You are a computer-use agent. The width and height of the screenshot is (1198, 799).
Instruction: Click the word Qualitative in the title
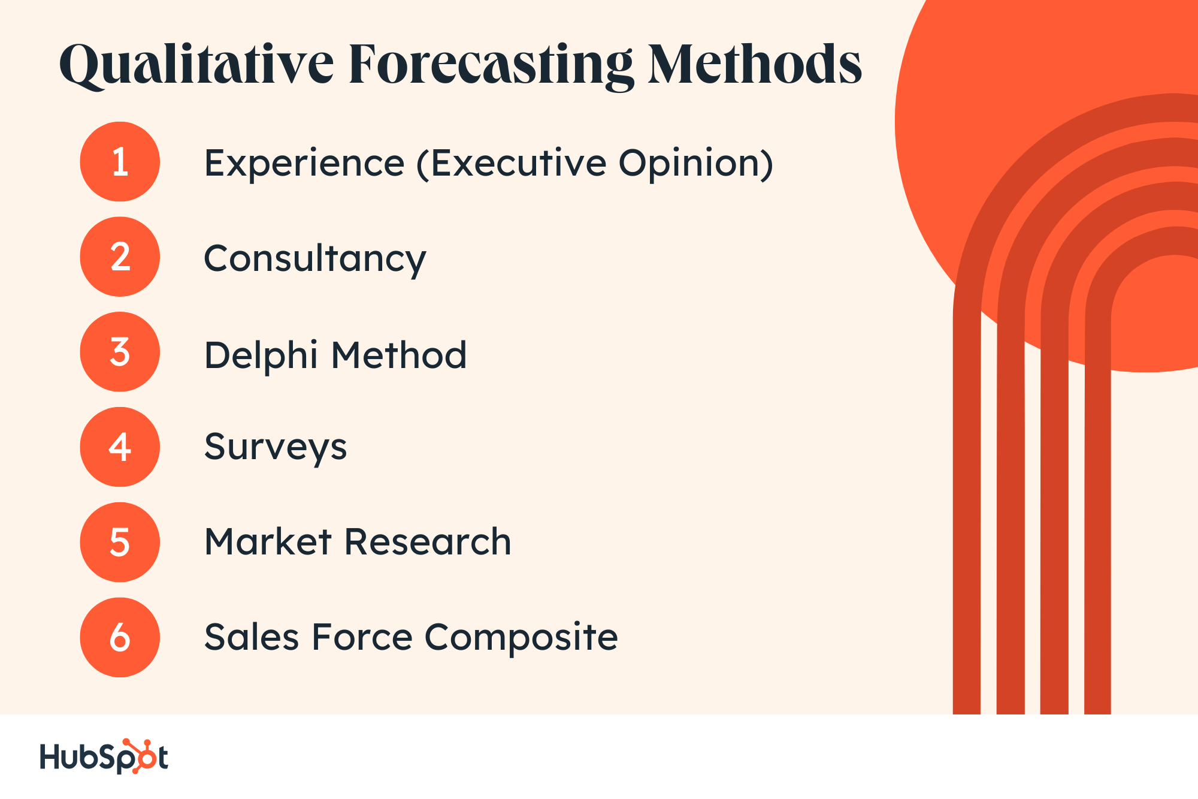(196, 65)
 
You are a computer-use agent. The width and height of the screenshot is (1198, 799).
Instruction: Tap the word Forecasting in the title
(491, 65)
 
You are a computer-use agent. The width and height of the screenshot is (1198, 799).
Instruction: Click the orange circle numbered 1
(120, 162)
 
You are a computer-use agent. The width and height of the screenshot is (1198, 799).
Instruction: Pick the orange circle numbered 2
(120, 257)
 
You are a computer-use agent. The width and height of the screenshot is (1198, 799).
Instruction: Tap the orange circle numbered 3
(120, 352)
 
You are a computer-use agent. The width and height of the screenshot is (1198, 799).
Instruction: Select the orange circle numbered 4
(120, 447)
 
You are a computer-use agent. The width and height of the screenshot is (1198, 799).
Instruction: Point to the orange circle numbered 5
(120, 542)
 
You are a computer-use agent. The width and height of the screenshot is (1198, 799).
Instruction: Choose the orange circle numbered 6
(120, 637)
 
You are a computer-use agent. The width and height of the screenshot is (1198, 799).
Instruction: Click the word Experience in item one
(304, 164)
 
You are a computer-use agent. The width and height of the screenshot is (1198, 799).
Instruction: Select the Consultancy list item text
(315, 259)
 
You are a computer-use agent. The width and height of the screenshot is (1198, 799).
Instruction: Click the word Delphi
(261, 355)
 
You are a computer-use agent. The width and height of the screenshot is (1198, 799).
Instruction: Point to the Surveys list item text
(276, 448)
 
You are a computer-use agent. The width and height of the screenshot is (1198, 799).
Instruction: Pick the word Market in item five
(268, 542)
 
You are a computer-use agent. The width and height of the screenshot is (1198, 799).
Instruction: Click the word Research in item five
(428, 542)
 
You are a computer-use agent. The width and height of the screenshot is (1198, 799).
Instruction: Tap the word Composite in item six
(521, 637)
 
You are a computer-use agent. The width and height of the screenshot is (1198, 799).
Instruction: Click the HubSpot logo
(104, 756)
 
